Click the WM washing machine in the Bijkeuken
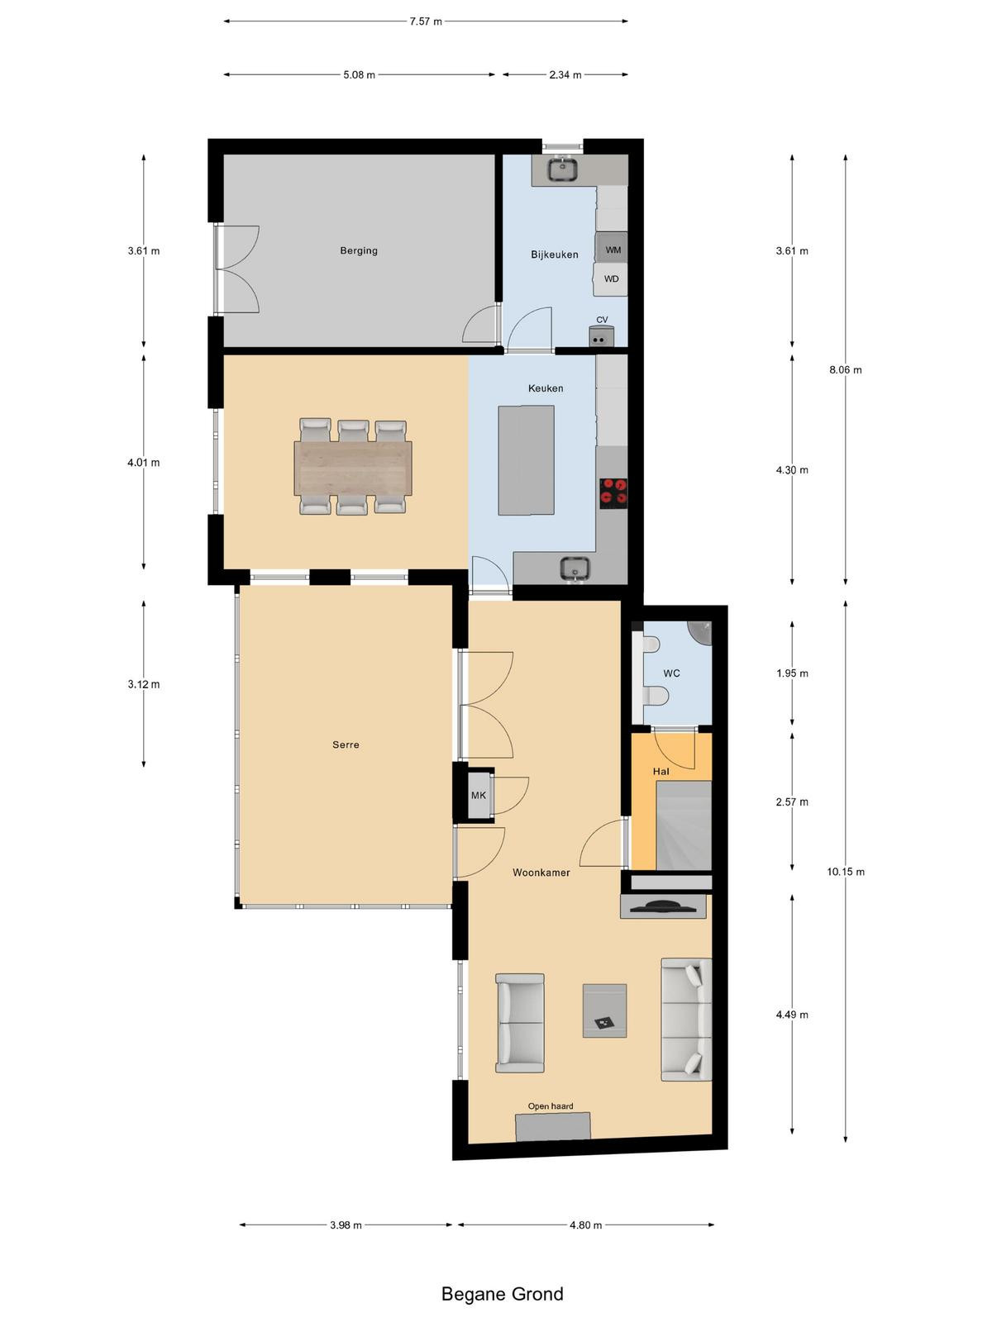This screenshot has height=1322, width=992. tap(611, 248)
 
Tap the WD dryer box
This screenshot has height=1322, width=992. tap(610, 279)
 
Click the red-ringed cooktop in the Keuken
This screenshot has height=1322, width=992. tap(613, 490)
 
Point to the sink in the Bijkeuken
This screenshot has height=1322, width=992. tap(563, 169)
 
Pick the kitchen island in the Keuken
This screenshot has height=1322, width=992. tap(526, 460)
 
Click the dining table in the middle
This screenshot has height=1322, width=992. tap(353, 468)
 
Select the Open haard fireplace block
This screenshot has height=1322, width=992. tap(553, 1126)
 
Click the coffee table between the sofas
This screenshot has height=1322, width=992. tap(604, 1011)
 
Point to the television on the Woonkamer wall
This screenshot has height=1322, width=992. tap(662, 906)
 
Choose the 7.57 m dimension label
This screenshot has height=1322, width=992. tap(426, 21)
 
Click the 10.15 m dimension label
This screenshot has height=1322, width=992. tap(846, 872)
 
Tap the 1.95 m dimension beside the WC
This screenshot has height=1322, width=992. tap(792, 673)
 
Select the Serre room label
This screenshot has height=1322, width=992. tap(346, 745)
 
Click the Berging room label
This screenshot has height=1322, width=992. tap(359, 250)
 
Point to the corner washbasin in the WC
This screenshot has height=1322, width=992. tap(700, 632)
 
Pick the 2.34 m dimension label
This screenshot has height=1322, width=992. tap(565, 75)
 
